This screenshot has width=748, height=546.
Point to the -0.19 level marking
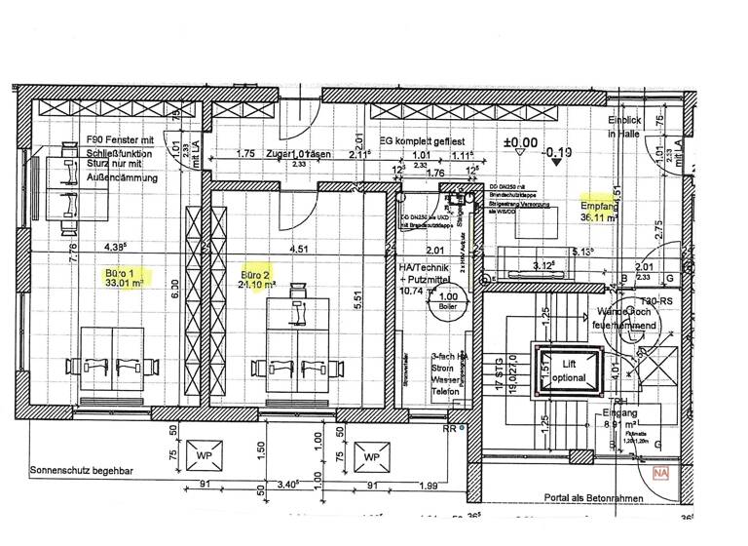point(559,152)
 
